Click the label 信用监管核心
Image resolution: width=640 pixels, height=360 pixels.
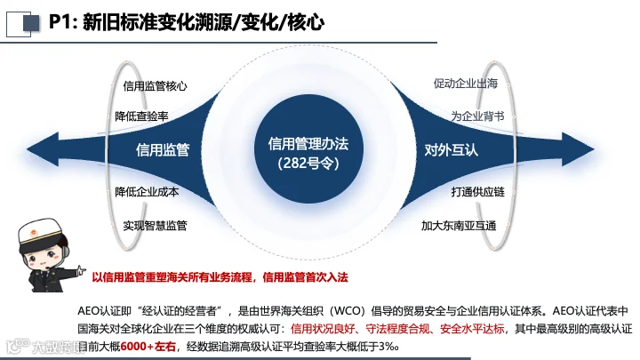point(155,86)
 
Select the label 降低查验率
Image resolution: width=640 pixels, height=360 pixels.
point(141,116)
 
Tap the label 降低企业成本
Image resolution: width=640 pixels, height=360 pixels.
point(147,192)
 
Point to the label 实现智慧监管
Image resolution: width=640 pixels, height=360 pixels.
point(155,225)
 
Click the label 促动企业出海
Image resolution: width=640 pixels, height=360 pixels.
point(466,84)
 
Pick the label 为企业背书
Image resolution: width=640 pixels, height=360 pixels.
point(478,116)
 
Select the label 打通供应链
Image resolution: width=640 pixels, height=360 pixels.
point(478,192)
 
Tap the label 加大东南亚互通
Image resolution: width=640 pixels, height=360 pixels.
point(459,225)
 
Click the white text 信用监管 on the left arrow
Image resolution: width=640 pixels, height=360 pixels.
point(163,150)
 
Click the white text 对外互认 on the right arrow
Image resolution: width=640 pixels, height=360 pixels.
point(452,150)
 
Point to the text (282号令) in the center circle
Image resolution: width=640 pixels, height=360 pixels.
point(308,164)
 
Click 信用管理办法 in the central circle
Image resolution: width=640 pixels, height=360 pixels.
point(308,144)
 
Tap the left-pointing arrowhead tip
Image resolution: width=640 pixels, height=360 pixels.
point(28,149)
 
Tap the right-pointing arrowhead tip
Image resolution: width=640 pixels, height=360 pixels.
point(594,149)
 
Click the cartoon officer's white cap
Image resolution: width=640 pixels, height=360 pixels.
point(40,230)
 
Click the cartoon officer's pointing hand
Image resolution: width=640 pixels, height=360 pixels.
point(81,270)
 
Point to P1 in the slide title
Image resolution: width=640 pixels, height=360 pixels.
point(60,21)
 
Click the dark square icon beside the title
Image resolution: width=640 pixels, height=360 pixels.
point(31,23)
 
